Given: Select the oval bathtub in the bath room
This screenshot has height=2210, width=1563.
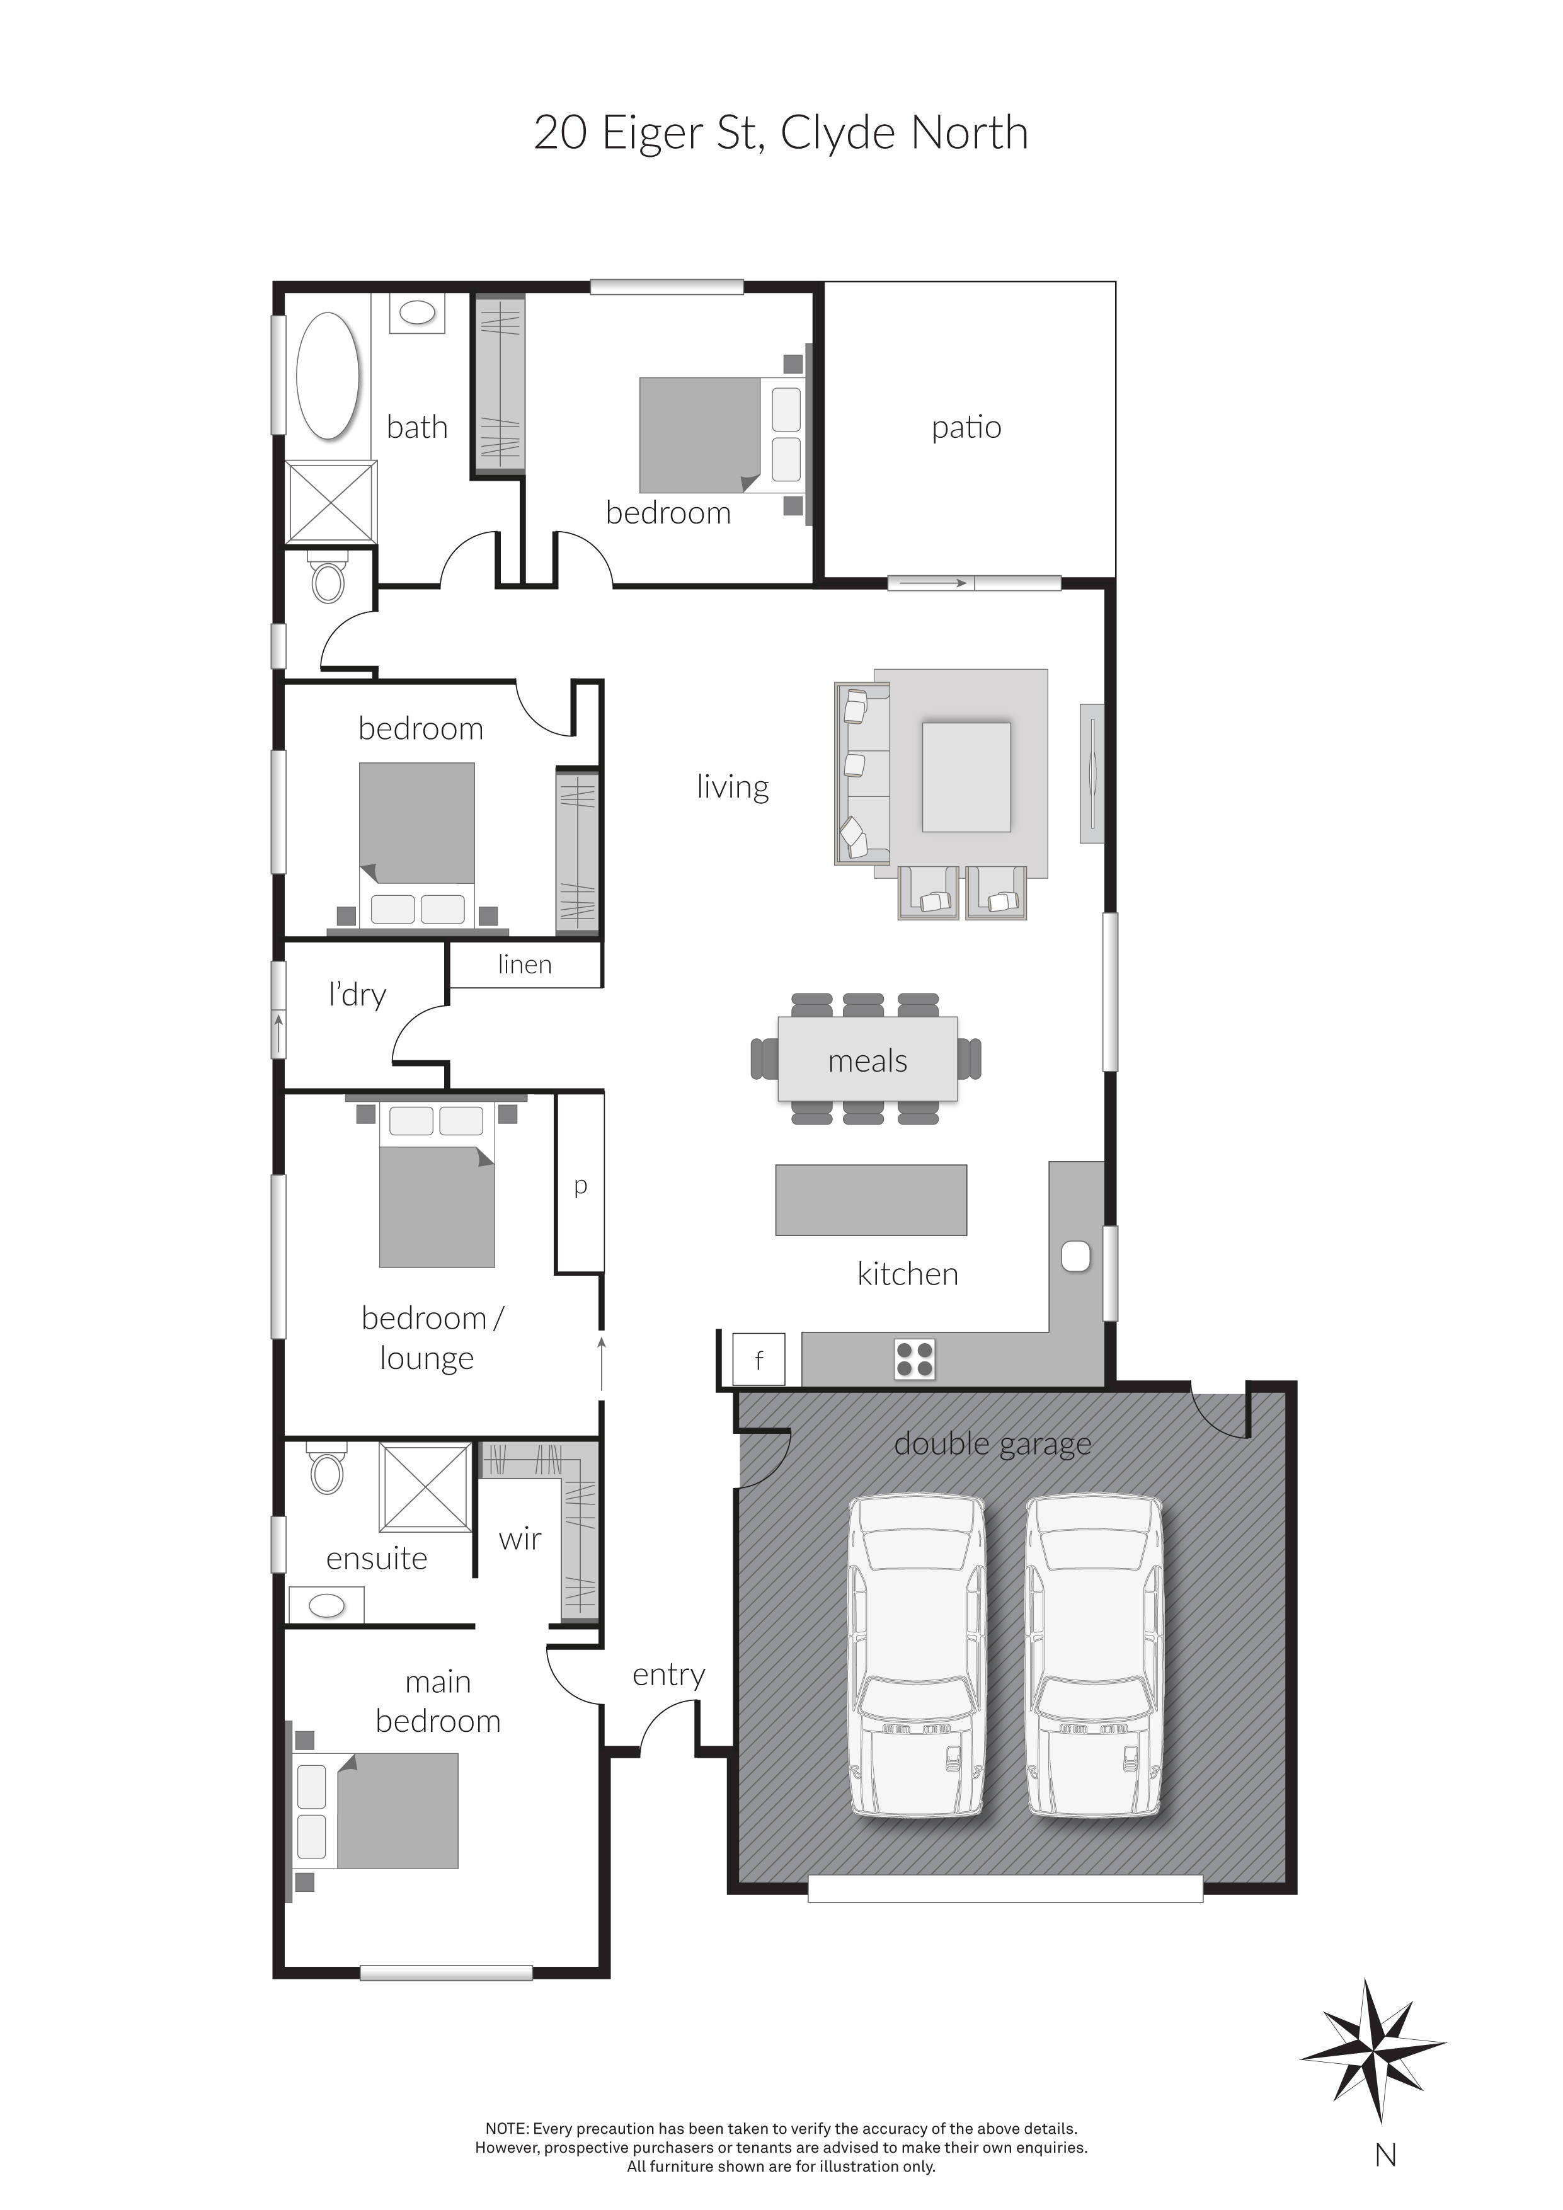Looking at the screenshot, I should (x=328, y=376).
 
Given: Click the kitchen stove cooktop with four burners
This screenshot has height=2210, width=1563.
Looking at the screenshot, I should (x=914, y=1359).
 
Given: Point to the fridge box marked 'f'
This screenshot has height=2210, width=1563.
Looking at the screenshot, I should (x=759, y=1359).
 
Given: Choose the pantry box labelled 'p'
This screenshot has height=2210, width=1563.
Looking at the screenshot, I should (x=580, y=1185).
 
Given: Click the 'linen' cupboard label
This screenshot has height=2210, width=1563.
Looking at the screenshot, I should (x=525, y=965).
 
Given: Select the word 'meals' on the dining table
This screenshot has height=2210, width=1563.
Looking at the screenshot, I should (x=867, y=1061).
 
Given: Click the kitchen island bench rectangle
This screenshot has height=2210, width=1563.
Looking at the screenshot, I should (x=871, y=1199).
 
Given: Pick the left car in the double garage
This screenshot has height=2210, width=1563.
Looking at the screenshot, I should (x=915, y=1656).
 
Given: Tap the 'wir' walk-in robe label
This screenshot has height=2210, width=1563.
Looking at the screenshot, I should (x=520, y=1539).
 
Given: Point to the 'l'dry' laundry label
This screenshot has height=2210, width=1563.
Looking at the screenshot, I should (x=357, y=993).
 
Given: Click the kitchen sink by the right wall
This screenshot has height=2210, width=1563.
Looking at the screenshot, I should (x=1075, y=1257).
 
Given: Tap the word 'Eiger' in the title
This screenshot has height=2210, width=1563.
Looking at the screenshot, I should (x=651, y=133).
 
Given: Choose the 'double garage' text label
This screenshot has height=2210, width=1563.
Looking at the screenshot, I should (x=992, y=1444).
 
